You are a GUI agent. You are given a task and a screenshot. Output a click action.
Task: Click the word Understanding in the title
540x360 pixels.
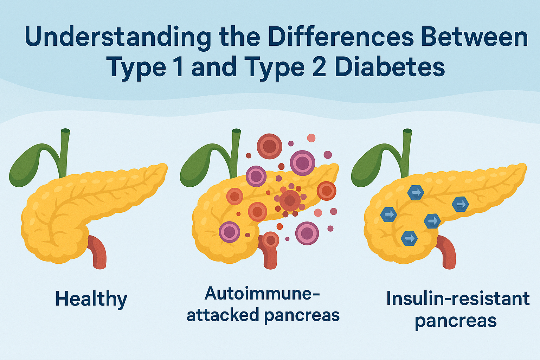pyautogui.click(x=118, y=37)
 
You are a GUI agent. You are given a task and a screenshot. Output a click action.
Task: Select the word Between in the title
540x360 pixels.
pyautogui.click(x=474, y=37)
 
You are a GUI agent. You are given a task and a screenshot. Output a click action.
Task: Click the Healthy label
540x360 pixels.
pyautogui.click(x=91, y=299)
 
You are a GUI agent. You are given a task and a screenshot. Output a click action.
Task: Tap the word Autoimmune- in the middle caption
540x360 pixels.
pyautogui.click(x=262, y=293)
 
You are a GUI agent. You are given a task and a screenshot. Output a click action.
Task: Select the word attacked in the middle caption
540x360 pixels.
pyautogui.click(x=223, y=315)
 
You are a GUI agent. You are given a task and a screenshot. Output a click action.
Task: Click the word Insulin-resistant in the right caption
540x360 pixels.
pyautogui.click(x=458, y=298)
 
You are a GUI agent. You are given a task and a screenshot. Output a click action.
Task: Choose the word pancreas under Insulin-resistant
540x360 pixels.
pyautogui.click(x=456, y=321)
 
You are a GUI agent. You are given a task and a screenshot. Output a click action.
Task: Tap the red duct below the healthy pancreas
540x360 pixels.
pyautogui.click(x=98, y=251)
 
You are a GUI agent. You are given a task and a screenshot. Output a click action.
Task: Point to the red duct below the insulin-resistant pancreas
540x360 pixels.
pyautogui.click(x=448, y=251)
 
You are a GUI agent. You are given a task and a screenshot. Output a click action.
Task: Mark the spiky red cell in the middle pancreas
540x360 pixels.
pyautogui.click(x=290, y=201)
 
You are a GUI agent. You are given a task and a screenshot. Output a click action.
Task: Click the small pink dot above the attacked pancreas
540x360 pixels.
pyautogui.click(x=311, y=137)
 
